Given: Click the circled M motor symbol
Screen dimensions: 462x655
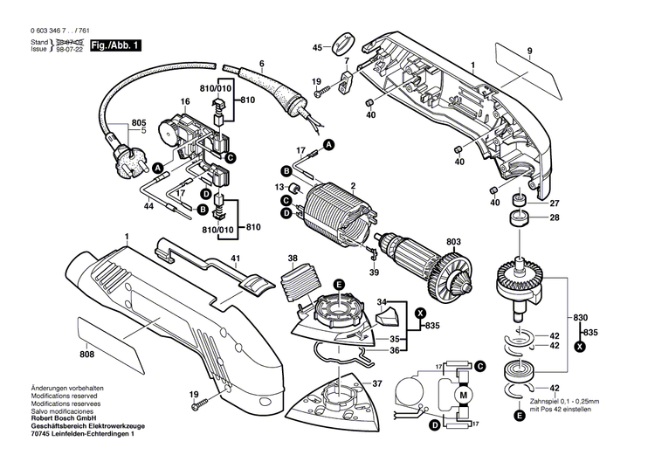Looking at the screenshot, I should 465,396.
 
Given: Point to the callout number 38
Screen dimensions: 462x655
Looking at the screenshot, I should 293,259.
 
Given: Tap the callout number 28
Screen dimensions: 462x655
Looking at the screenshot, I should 552,218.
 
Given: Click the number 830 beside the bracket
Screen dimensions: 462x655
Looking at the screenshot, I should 581,318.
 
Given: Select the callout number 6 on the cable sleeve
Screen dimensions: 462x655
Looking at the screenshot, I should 261,63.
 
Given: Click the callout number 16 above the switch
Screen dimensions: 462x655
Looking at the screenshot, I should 185,102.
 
